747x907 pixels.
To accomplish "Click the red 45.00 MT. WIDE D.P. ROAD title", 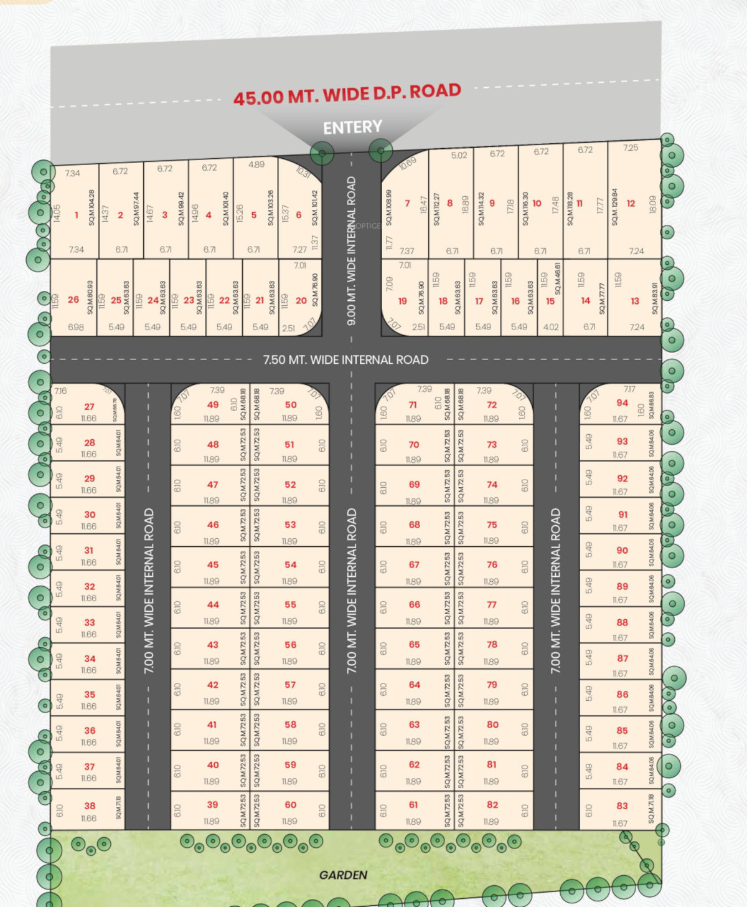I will click(347, 94).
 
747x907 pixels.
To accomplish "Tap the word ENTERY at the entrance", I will click(352, 128).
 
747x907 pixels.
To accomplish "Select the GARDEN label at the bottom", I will click(343, 875).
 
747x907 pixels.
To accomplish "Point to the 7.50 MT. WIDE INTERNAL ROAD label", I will click(345, 360).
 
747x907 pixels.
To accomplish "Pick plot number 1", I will click(77, 215).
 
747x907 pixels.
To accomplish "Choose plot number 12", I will click(631, 203).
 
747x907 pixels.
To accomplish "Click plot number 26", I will click(73, 300).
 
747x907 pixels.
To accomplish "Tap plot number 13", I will click(635, 301).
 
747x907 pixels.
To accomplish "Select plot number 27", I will click(90, 407).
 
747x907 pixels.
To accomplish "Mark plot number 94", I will click(622, 403).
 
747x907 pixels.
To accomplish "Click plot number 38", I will click(90, 805).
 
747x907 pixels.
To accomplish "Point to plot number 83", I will click(622, 805).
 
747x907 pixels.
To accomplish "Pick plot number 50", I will click(291, 405).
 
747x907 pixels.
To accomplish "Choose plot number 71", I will click(413, 405).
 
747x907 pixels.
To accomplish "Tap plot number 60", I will click(291, 805).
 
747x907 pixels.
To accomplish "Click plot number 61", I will click(413, 805).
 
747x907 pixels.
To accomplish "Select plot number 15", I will click(550, 301).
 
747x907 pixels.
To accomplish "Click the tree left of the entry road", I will click(322, 153).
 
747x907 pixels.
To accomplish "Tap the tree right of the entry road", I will click(380, 150).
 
